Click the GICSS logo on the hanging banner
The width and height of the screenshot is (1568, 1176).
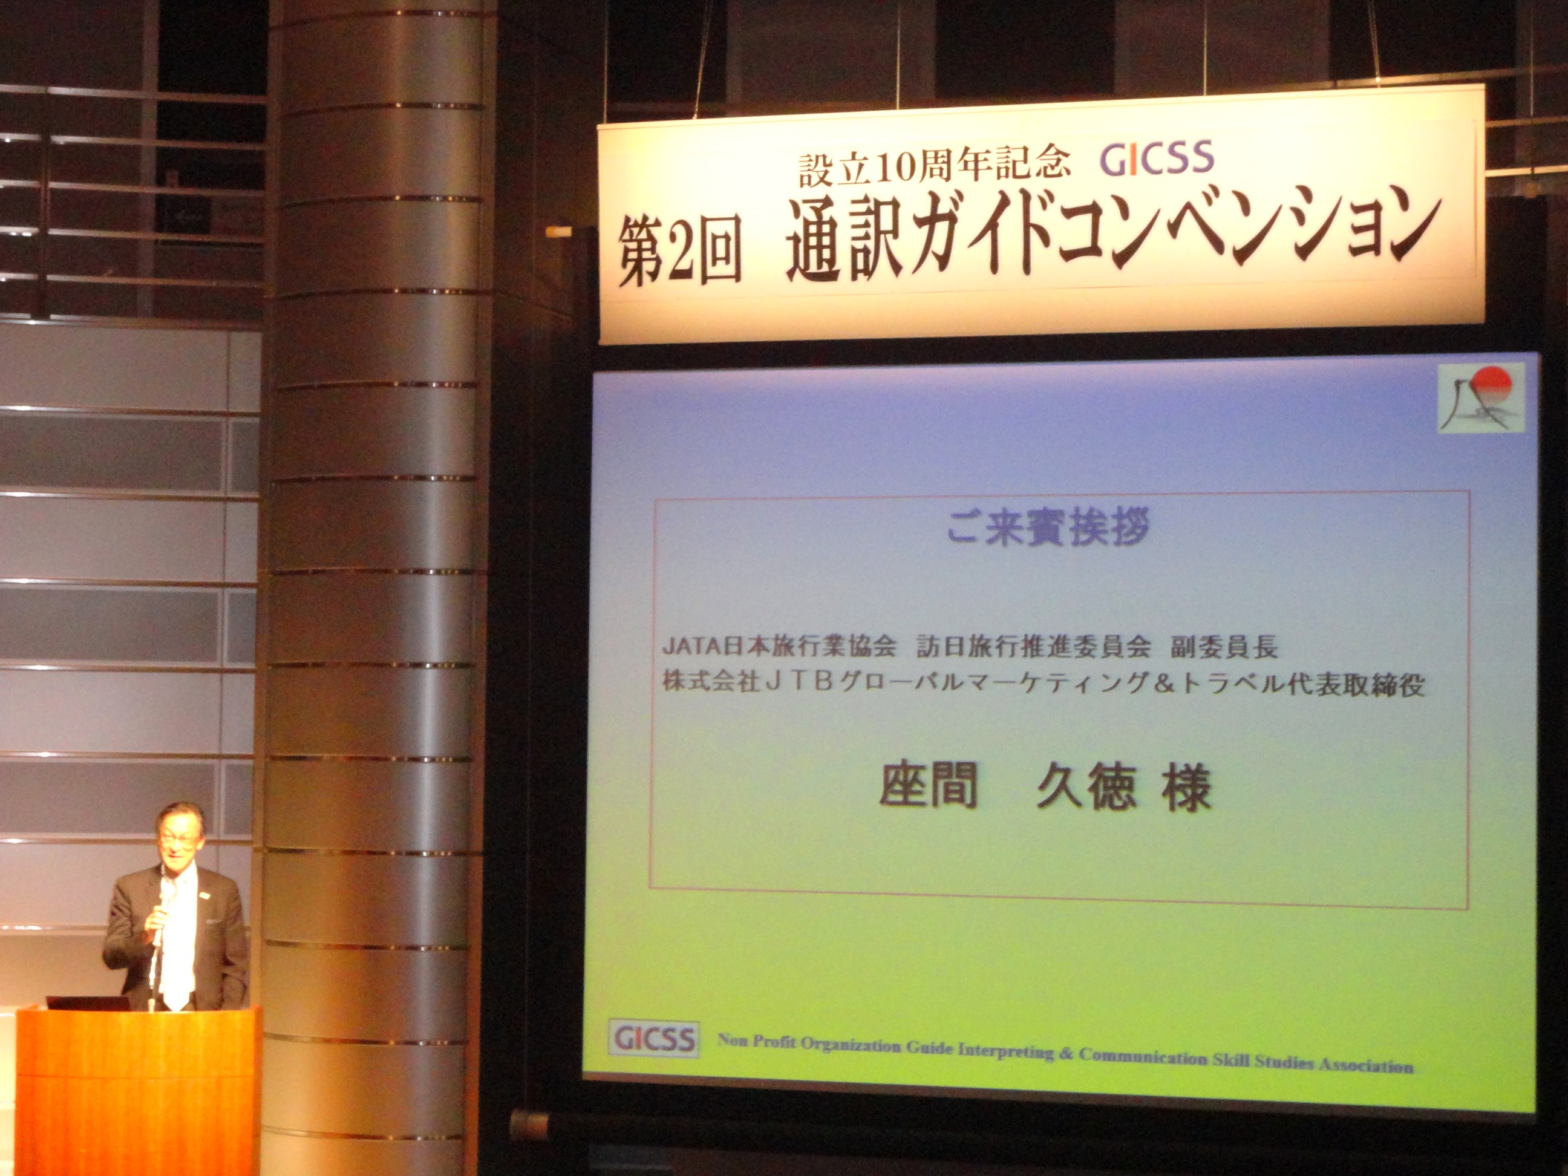tap(1157, 158)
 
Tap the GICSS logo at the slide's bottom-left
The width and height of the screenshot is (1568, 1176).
tap(653, 1039)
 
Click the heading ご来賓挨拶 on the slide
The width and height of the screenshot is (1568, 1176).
tap(1048, 528)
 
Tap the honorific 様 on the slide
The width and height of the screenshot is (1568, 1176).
tap(1185, 789)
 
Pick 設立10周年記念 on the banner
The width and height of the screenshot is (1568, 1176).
tap(933, 168)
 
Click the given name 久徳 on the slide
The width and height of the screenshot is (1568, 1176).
tap(1086, 788)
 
